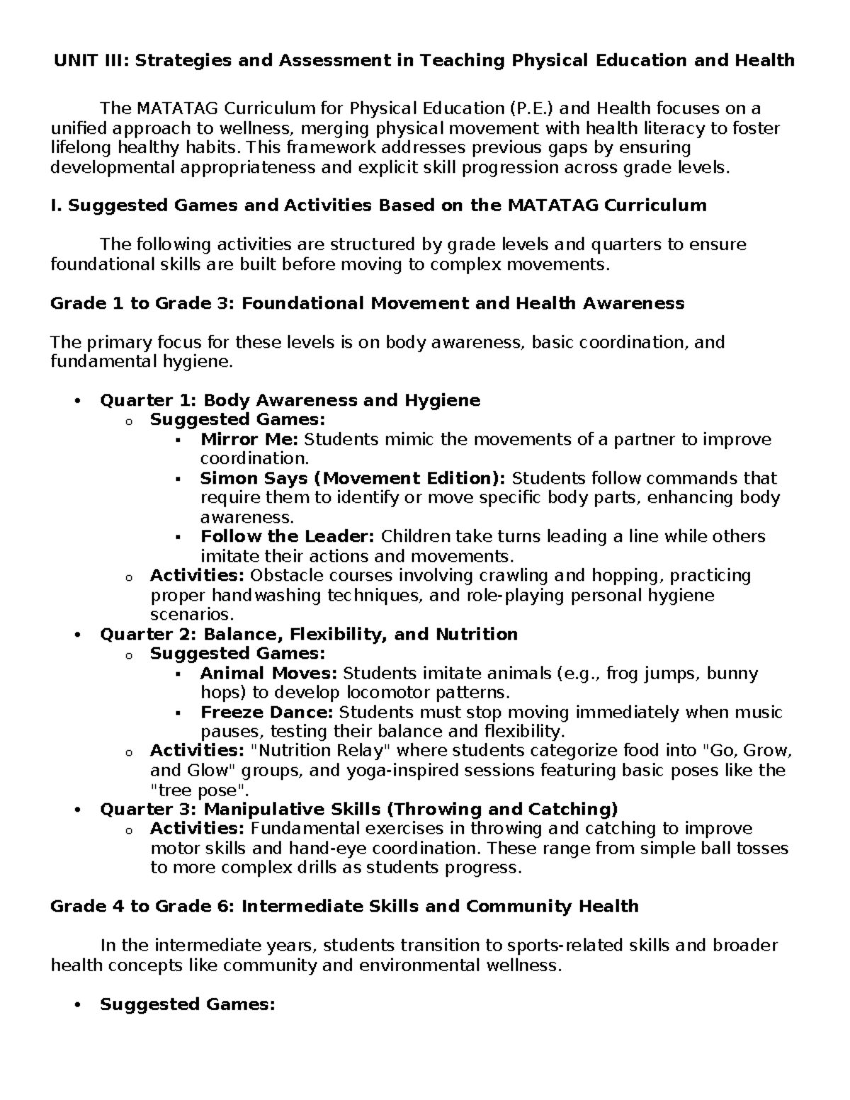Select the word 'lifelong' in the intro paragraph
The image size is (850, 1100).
[x=76, y=147]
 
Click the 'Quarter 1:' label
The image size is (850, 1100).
[x=148, y=401]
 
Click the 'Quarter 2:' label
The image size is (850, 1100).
[x=148, y=634]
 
